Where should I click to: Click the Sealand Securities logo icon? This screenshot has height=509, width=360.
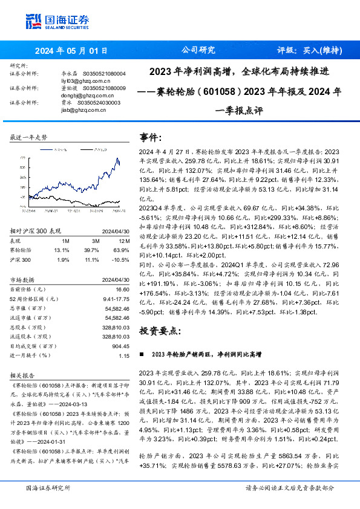pos(34,20)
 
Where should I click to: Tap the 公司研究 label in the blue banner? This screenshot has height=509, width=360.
pos(198,51)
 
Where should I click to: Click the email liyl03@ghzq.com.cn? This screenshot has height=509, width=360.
pos(81,80)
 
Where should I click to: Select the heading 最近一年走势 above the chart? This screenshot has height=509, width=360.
pos(29,138)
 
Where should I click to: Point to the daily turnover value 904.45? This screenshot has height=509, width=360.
pos(121,347)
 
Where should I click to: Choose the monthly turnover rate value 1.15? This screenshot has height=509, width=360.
pos(124,355)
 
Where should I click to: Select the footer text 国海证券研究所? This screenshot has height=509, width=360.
pos(46,487)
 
